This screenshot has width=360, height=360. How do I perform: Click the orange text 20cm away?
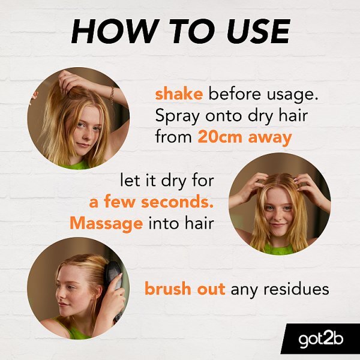pyautogui.click(x=244, y=137)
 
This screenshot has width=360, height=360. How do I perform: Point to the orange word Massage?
pyautogui.click(x=106, y=223)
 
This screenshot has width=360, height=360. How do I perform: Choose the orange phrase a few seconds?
pyautogui.click(x=151, y=202)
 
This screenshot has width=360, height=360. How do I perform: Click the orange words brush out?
pyautogui.click(x=185, y=289)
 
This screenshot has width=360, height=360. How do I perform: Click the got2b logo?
pyautogui.click(x=321, y=340)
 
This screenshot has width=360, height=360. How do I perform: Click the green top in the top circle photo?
pyautogui.click(x=78, y=164)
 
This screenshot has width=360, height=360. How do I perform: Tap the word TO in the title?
pyautogui.click(x=185, y=31)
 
